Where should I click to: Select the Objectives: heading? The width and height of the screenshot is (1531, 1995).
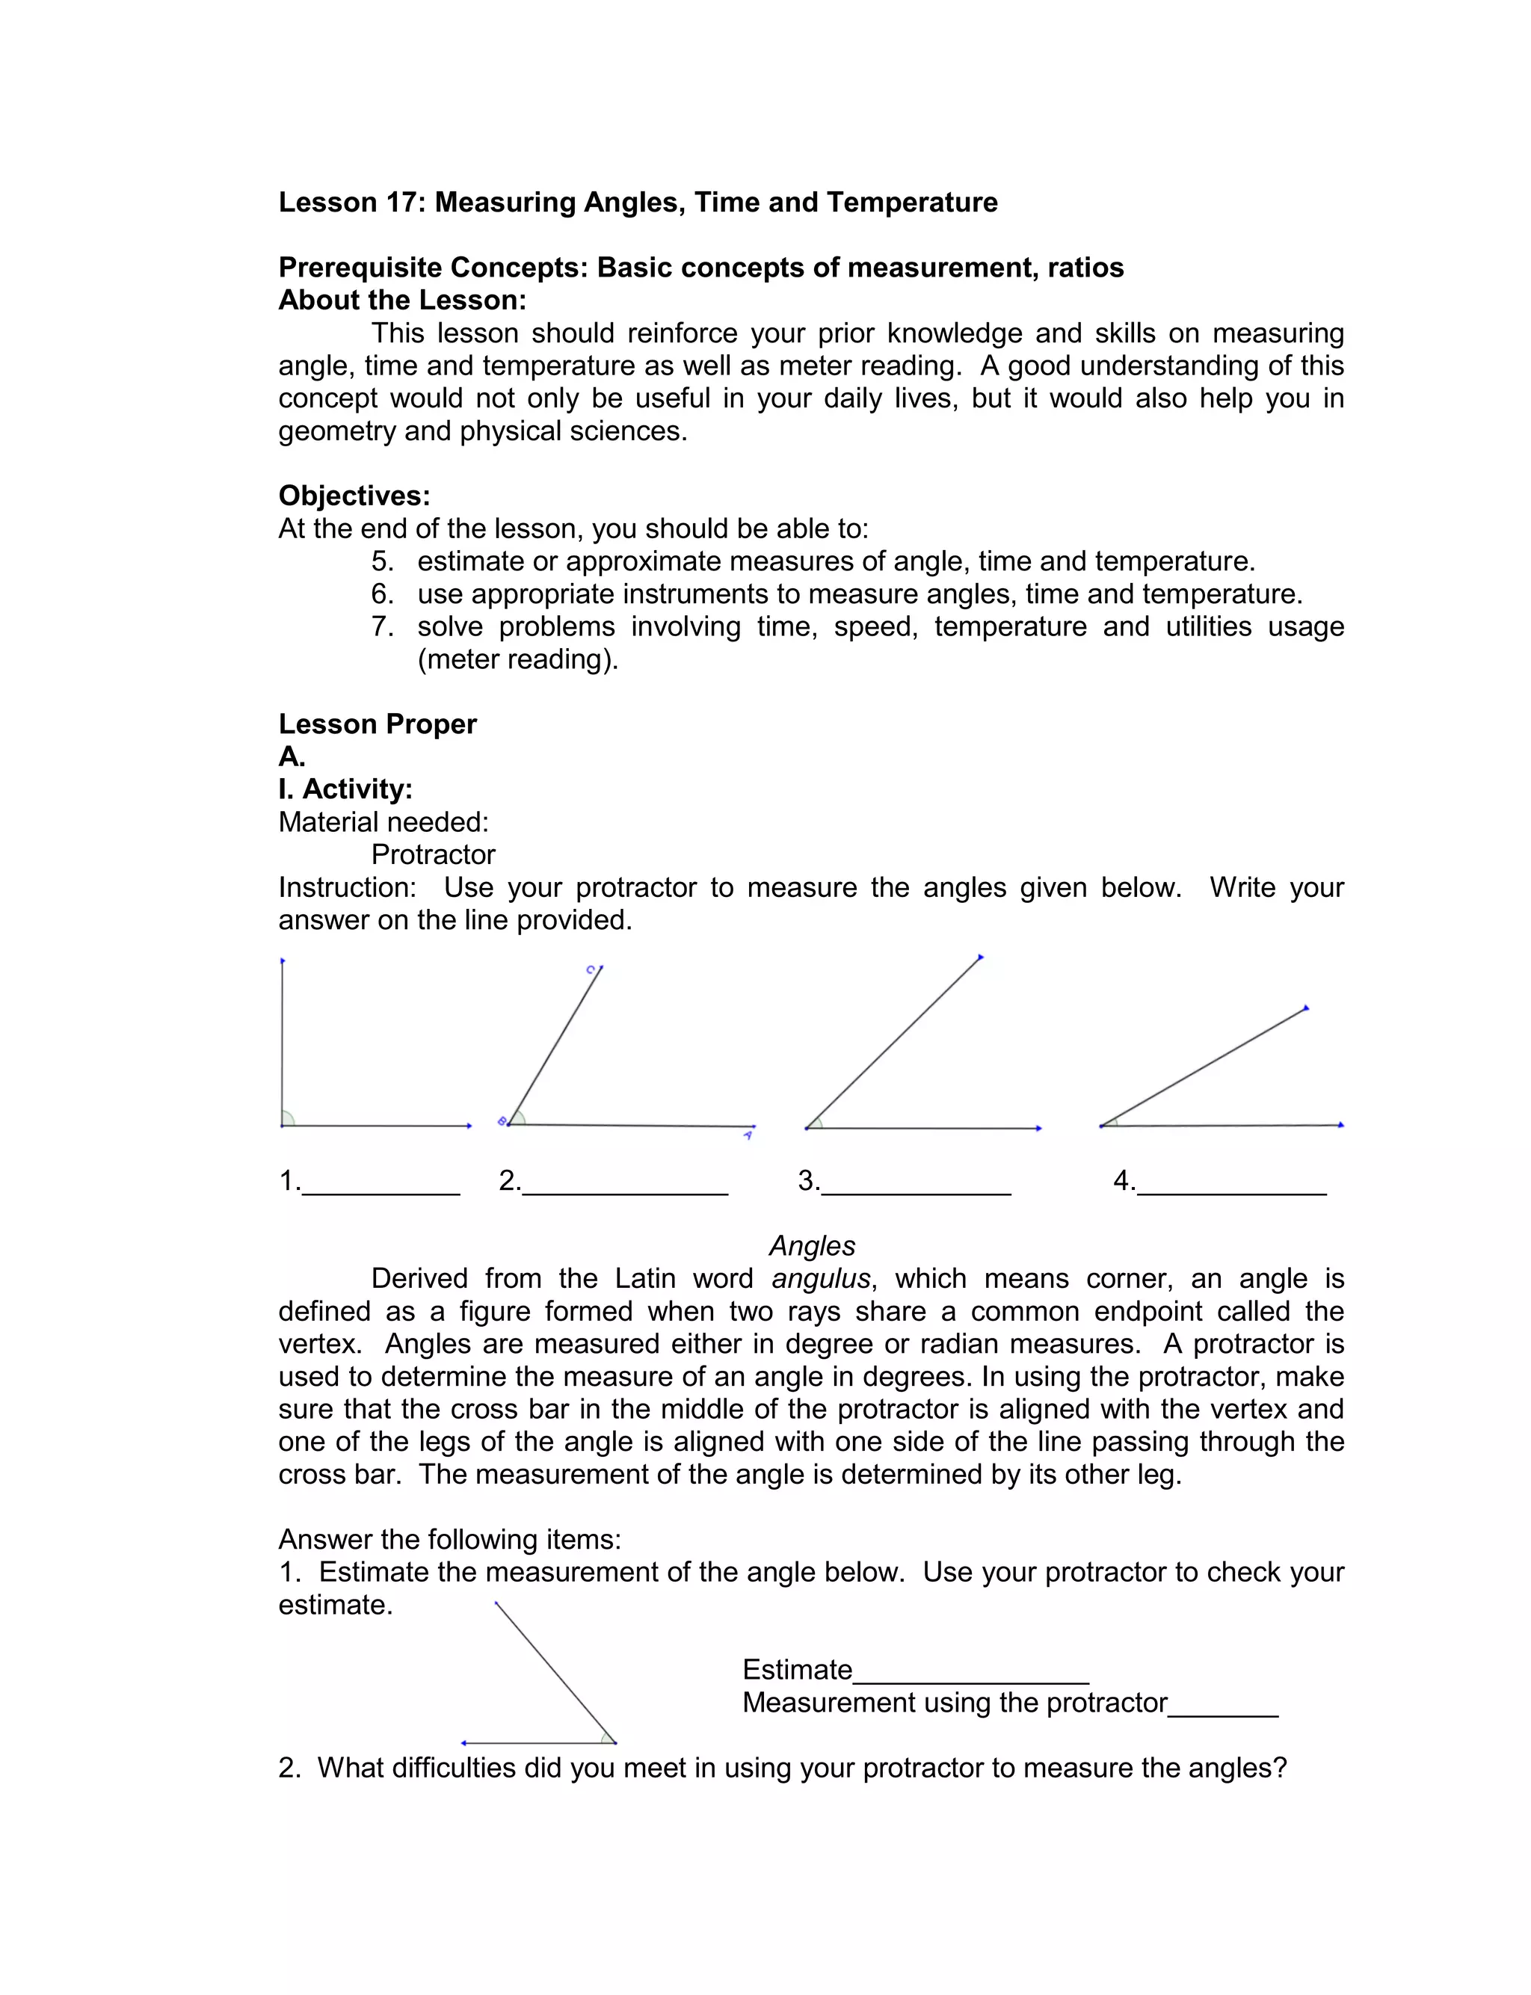[354, 496]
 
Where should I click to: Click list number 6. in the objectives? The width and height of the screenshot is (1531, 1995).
[382, 594]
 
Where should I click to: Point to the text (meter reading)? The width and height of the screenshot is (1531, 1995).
[517, 659]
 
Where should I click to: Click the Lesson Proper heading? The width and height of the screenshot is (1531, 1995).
[378, 724]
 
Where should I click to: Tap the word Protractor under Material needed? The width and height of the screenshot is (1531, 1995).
[433, 854]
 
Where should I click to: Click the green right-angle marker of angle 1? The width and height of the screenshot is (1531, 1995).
[287, 1120]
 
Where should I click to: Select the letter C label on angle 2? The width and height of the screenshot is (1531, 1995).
[591, 969]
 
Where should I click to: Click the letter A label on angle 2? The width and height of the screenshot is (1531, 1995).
[748, 1136]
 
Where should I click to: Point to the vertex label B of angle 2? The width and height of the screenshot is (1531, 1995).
[501, 1121]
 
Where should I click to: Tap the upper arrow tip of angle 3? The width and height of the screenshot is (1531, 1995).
[981, 958]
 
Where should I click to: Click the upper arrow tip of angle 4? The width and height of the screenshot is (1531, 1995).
[1307, 1008]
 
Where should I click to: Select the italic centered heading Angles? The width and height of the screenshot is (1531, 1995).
[812, 1245]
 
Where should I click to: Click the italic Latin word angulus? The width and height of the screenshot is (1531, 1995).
[821, 1279]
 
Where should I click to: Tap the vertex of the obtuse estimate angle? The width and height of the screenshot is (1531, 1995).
[615, 1742]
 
